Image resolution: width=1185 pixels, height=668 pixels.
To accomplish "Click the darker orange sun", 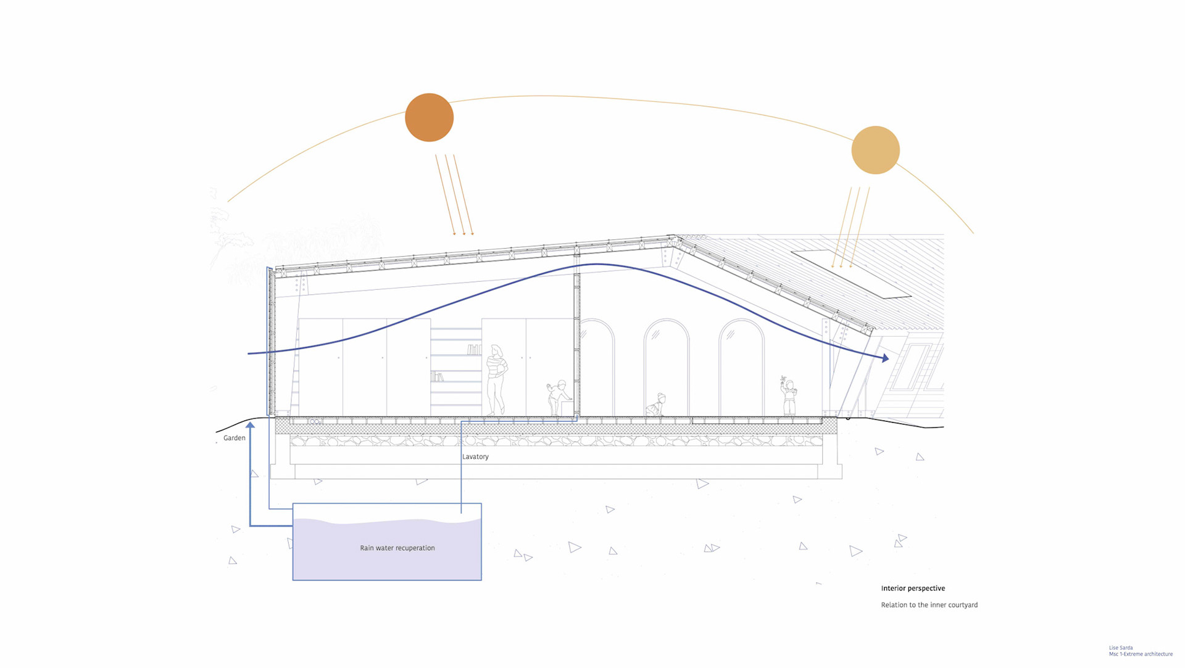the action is pos(429,117).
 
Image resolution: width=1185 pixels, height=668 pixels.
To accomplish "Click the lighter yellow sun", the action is pos(875,150).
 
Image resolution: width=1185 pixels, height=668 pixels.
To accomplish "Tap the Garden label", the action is pos(234,438).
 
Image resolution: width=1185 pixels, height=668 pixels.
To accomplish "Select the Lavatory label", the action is pos(475,456).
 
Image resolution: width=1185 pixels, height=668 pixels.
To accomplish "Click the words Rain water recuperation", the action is pos(397,548).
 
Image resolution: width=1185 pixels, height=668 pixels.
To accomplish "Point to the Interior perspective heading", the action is pos(913,588).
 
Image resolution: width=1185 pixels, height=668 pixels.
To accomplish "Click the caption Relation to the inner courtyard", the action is pos(929,605).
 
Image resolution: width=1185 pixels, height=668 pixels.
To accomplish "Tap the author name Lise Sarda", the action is pos(1120,648).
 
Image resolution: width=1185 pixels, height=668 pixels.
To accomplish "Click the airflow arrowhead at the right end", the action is pos(885,358).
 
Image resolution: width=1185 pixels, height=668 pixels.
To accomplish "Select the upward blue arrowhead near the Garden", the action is pos(250,425).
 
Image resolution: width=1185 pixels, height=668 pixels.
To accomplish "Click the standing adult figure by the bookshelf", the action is pos(496,379).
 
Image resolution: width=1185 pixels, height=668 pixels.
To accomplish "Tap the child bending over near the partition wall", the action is pos(559,397).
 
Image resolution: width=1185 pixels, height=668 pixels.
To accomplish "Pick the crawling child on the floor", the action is pos(656,405).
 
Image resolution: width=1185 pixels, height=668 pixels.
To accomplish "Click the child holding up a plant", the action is pos(788,396).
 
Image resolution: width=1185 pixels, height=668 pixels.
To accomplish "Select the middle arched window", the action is pos(666,367).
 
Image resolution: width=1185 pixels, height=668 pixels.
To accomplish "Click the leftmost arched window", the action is pos(596,367).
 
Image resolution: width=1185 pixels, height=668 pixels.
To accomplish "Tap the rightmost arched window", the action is pos(741,367).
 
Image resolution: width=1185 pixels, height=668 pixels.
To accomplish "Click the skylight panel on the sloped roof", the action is pos(852,274).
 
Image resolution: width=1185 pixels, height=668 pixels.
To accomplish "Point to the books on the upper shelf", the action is pos(473,350).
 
